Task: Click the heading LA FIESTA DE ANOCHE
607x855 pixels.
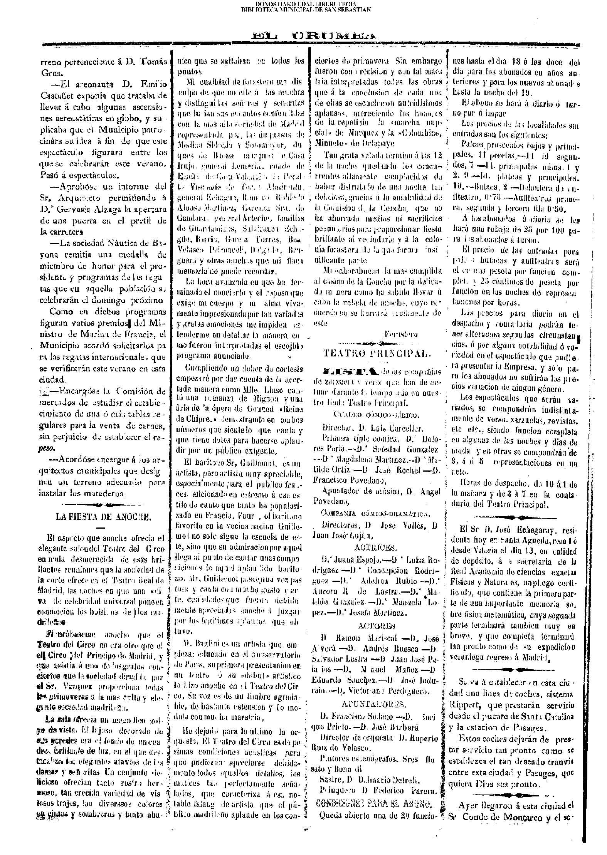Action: [103, 517]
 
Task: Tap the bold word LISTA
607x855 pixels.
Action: [351, 371]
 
